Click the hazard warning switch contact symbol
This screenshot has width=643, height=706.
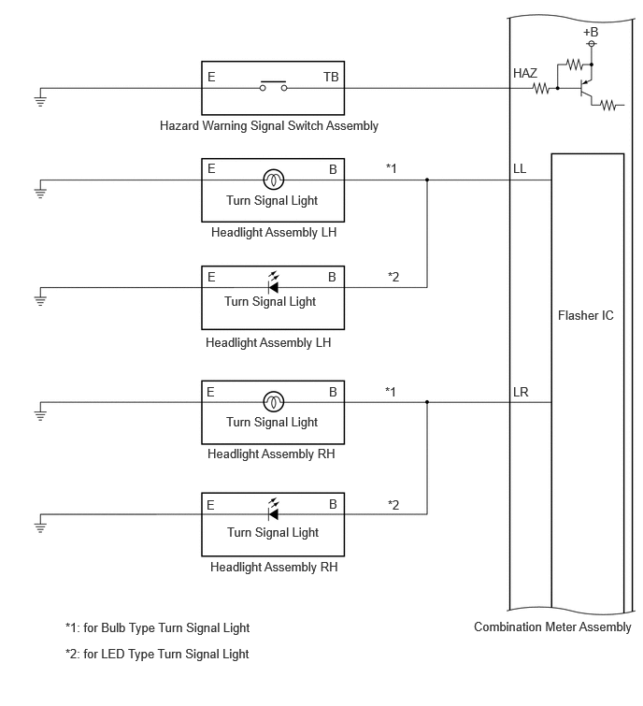pyautogui.click(x=273, y=86)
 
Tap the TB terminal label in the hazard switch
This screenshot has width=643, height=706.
pyautogui.click(x=331, y=77)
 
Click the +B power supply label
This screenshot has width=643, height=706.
pyautogui.click(x=591, y=33)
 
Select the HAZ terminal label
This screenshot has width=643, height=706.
pyautogui.click(x=525, y=73)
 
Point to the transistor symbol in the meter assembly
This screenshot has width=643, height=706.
pyautogui.click(x=585, y=88)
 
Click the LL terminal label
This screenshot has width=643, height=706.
pyautogui.click(x=520, y=169)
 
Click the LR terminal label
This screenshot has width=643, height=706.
pyautogui.click(x=521, y=392)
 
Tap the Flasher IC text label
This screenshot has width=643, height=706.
pyautogui.click(x=585, y=316)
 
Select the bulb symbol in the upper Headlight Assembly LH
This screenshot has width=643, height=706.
pyautogui.click(x=273, y=180)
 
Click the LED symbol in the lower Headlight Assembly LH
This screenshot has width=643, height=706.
pyautogui.click(x=273, y=283)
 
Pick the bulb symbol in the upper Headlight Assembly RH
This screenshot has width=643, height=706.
pyautogui.click(x=273, y=402)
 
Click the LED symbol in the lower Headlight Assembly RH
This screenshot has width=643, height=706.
pyautogui.click(x=273, y=511)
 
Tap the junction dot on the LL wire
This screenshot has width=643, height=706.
pyautogui.click(x=427, y=180)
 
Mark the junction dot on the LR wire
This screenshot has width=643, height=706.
pyautogui.click(x=427, y=402)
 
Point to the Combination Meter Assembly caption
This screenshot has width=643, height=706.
pyautogui.click(x=552, y=627)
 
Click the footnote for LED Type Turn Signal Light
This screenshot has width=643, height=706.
pyautogui.click(x=157, y=654)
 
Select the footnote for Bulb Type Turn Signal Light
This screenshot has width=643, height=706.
pyautogui.click(x=158, y=627)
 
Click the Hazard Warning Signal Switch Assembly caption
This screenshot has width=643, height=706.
pyautogui.click(x=269, y=125)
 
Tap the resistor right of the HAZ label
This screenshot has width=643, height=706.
pyautogui.click(x=541, y=88)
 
